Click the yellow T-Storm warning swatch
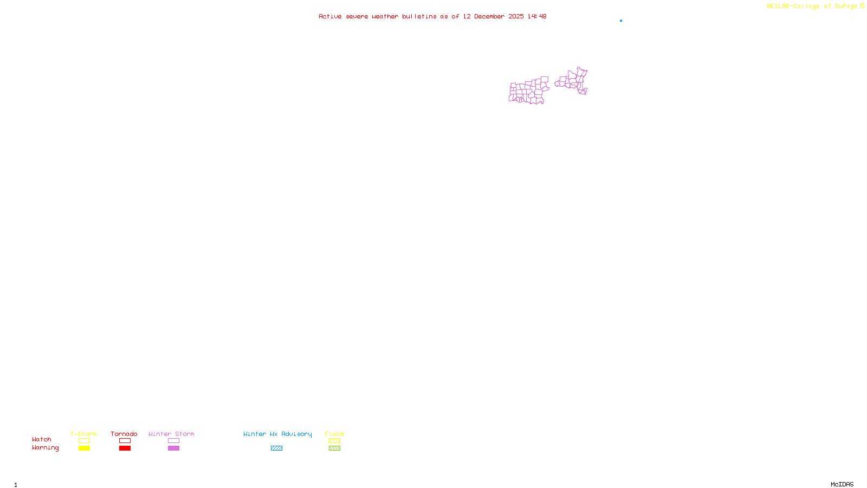[x=84, y=448]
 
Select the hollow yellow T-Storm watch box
[x=84, y=441]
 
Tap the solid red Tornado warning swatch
[x=125, y=448]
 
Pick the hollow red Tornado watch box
[x=125, y=441]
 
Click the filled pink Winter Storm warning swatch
[x=173, y=448]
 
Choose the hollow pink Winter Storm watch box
[x=173, y=441]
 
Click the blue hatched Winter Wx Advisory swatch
[x=276, y=448]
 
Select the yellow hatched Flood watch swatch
[x=334, y=441]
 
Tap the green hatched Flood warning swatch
[x=334, y=448]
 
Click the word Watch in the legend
[x=42, y=440]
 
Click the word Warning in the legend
[x=45, y=448]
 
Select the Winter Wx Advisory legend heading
[x=277, y=434]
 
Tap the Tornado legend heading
[x=124, y=434]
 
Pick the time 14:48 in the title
[x=537, y=16]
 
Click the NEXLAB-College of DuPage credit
[x=812, y=7]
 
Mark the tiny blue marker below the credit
[x=621, y=21]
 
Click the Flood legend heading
[x=334, y=434]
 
